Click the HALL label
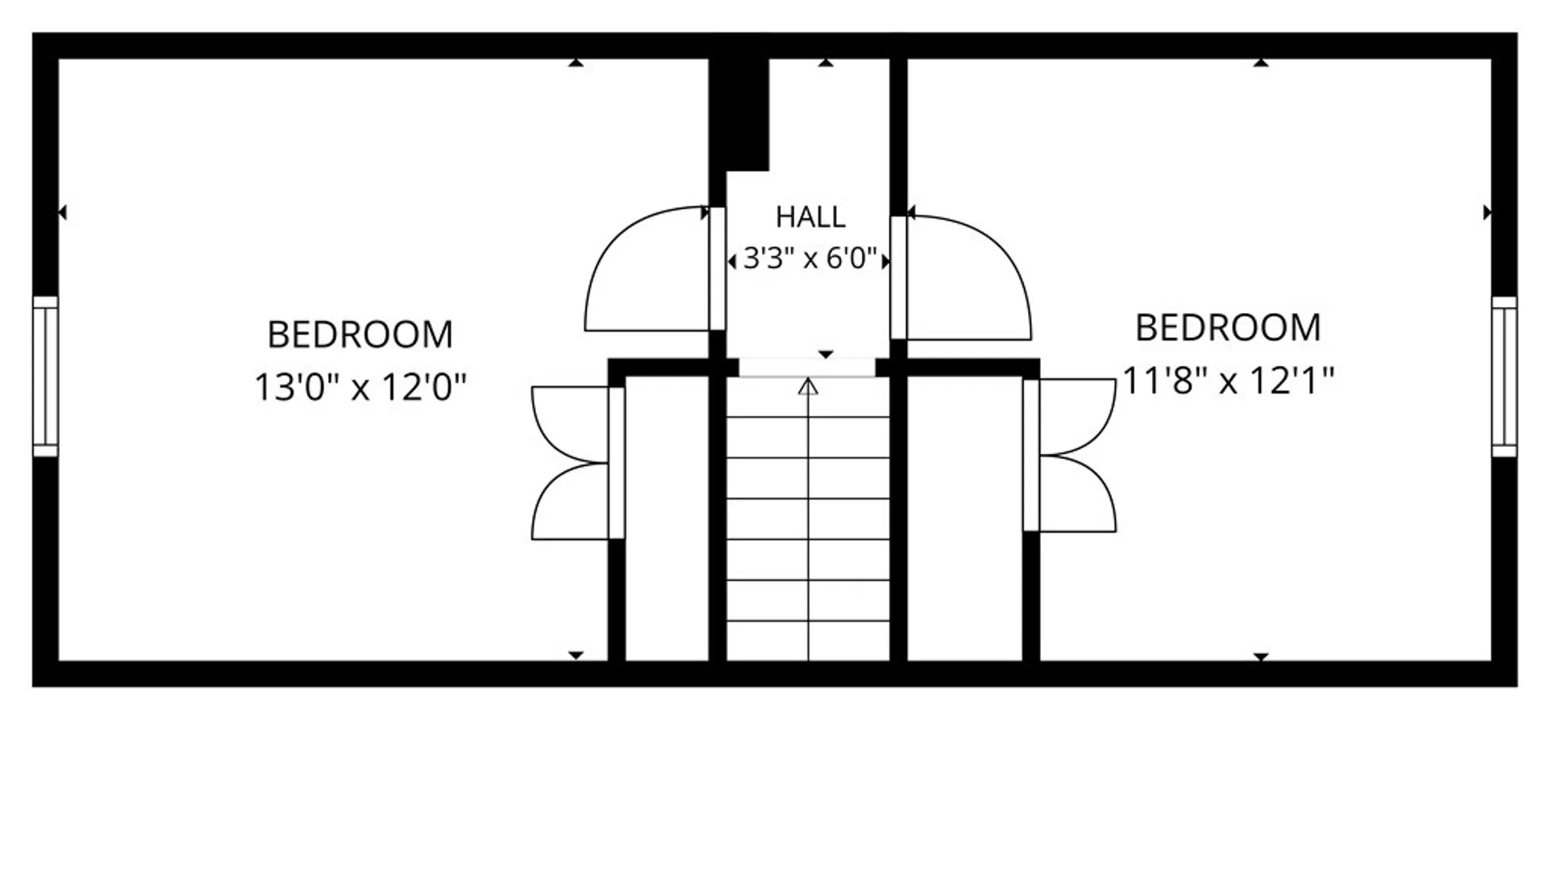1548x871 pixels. (x=810, y=217)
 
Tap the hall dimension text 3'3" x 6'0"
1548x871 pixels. (x=809, y=259)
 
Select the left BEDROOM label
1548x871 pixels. (x=360, y=335)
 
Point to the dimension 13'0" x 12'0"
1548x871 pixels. (x=360, y=387)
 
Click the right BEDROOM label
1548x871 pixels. (x=1228, y=327)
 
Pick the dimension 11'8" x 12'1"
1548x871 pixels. (x=1228, y=380)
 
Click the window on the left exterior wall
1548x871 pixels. (x=45, y=376)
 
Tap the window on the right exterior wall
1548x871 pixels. (x=1504, y=376)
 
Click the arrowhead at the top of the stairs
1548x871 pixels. (x=808, y=387)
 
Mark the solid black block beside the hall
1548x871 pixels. (x=739, y=113)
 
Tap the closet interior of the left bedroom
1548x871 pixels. (x=667, y=519)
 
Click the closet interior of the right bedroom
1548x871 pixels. (x=965, y=519)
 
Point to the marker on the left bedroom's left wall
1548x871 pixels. (x=62, y=213)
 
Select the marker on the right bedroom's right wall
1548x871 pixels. (x=1488, y=213)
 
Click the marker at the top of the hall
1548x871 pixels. (x=826, y=62)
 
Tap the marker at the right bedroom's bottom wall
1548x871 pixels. (x=1261, y=656)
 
